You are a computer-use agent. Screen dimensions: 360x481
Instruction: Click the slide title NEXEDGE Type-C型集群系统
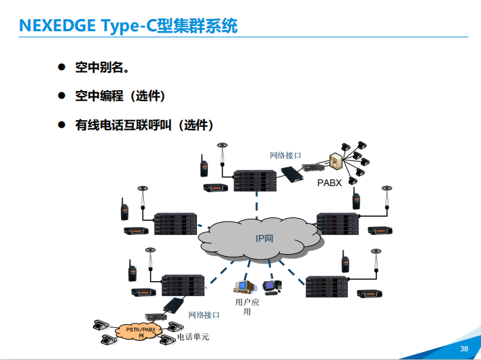click(128, 26)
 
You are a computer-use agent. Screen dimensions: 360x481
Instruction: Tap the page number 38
click(465, 348)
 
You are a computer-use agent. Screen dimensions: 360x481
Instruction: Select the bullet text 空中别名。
click(102, 67)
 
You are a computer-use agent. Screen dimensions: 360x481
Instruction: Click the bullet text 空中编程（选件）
click(120, 96)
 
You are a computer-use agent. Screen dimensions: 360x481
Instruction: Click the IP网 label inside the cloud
click(264, 238)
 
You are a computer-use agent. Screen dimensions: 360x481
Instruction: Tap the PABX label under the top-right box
click(329, 183)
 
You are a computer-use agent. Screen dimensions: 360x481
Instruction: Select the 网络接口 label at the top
click(285, 156)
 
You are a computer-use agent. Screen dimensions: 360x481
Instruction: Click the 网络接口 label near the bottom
click(204, 315)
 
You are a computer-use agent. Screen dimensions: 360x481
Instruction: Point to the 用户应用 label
click(247, 306)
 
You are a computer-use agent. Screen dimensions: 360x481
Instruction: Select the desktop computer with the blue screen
click(271, 287)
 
